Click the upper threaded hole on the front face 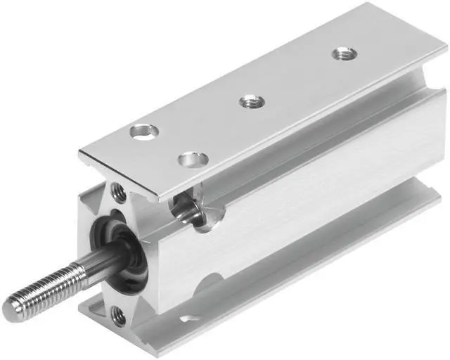pyautogui.click(x=117, y=190)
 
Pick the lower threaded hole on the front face pyautogui.click(x=119, y=317)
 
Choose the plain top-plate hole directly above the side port pyautogui.click(x=191, y=159)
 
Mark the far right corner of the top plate pyautogui.click(x=446, y=55)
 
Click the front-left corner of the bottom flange pyautogui.click(x=80, y=306)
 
